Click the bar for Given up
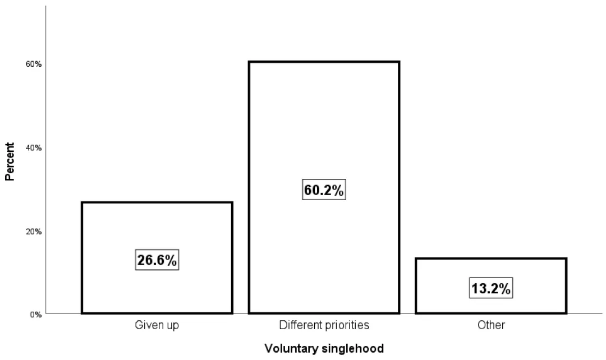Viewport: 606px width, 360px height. tap(157, 224)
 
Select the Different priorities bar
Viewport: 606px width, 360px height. tap(324, 129)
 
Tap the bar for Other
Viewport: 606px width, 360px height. tap(491, 269)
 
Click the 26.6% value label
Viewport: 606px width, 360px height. tap(157, 260)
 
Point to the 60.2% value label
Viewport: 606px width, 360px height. tap(324, 190)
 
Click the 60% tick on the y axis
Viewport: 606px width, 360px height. tap(34, 64)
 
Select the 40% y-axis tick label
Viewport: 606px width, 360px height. tap(34, 147)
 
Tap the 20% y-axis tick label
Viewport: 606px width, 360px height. tap(34, 231)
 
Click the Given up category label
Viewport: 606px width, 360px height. tap(157, 325)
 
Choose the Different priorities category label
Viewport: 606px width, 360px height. tap(324, 325)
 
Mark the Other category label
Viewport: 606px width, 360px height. tap(491, 325)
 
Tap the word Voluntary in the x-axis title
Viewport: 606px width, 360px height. tap(290, 349)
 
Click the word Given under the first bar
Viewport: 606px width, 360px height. tap(147, 325)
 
